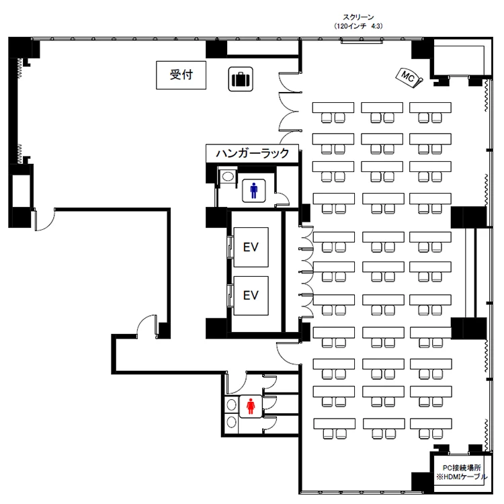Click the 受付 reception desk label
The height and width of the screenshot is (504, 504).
(x=180, y=75)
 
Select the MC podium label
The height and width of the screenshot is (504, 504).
(x=408, y=77)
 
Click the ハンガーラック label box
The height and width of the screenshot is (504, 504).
(x=252, y=153)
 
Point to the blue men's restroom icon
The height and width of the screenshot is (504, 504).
(x=253, y=191)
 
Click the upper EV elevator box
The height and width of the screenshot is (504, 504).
(x=251, y=247)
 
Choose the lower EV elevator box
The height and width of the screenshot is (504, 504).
(x=251, y=294)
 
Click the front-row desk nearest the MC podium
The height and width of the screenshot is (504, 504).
(x=430, y=108)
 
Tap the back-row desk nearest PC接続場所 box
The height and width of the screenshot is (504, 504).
(x=430, y=425)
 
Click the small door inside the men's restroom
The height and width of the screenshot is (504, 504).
(x=283, y=198)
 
